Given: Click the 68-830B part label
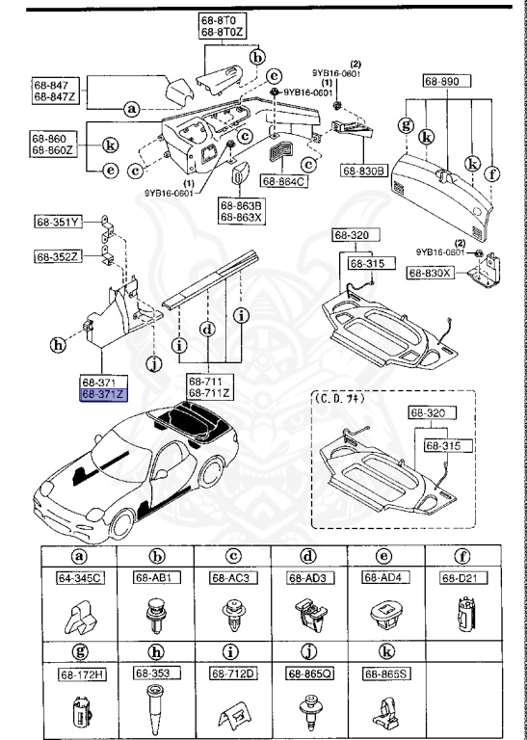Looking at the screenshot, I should click(x=363, y=171).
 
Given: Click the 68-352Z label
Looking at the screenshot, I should click(x=58, y=256).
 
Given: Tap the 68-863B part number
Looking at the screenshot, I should click(x=238, y=204).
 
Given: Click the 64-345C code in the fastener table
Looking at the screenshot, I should click(x=78, y=578).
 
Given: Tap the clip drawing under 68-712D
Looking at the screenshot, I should click(x=231, y=712).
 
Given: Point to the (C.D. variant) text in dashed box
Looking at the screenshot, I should click(x=338, y=396).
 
